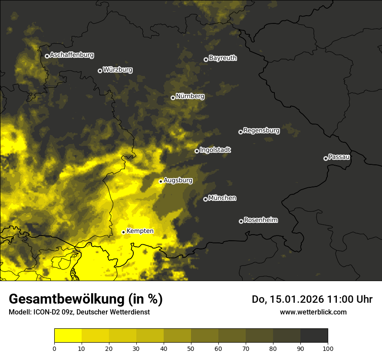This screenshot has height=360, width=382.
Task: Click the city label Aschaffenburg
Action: [x=72, y=55]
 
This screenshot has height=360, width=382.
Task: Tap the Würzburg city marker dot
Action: [x=100, y=71]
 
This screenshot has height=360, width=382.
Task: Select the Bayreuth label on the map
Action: [x=223, y=58]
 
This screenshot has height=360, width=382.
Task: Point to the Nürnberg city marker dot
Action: [x=173, y=98]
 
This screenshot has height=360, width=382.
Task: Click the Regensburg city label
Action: [x=261, y=130]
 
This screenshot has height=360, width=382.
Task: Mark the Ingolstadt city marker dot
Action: [x=197, y=151]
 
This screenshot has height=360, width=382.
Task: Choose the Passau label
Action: [x=339, y=157]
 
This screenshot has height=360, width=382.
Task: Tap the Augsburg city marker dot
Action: [x=161, y=181]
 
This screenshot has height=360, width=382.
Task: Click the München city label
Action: [x=222, y=198]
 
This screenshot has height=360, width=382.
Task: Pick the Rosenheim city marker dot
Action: [x=241, y=221]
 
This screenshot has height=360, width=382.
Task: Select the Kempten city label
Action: [x=140, y=231]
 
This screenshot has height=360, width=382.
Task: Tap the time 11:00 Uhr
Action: [x=352, y=299]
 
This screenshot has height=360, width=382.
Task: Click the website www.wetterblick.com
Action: [x=313, y=312]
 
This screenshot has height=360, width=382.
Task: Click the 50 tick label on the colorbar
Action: [x=191, y=348]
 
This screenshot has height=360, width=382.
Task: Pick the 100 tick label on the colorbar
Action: [x=328, y=348]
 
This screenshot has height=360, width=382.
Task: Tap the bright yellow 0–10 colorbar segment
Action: [x=68, y=335]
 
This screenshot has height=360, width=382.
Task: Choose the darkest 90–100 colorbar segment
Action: [x=314, y=335]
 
